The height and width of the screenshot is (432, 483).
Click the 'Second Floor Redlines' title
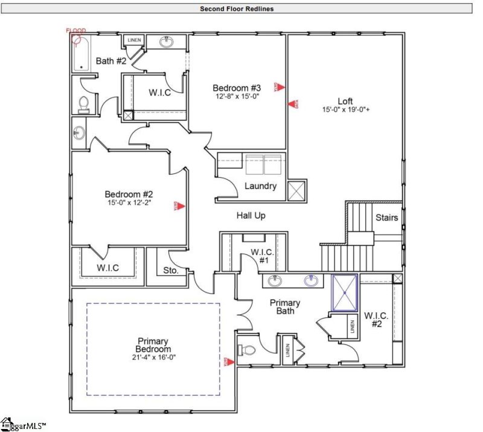pyautogui.click(x=237, y=8)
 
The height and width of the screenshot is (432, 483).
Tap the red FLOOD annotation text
pyautogui.click(x=76, y=31)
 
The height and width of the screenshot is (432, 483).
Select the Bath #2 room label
pyautogui.click(x=111, y=61)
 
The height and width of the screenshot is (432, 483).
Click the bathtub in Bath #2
pyautogui.click(x=80, y=53)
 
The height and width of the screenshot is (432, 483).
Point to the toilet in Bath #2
pyautogui.click(x=83, y=103)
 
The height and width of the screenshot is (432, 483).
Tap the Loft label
pyautogui.click(x=345, y=101)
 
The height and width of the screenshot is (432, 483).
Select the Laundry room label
pyautogui.click(x=260, y=186)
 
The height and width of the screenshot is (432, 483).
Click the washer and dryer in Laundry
pyautogui.click(x=263, y=164)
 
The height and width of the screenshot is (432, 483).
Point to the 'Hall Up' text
pyautogui.click(x=251, y=215)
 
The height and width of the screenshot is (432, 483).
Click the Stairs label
pyautogui.click(x=386, y=218)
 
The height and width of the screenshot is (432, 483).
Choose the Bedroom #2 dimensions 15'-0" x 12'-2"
pyautogui.click(x=129, y=203)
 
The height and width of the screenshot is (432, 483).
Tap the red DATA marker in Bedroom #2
pyautogui.click(x=179, y=205)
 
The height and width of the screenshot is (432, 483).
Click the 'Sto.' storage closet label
pyautogui.click(x=171, y=271)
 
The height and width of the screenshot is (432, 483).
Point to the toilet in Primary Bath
pyautogui.click(x=248, y=349)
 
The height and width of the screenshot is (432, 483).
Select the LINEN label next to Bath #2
pyautogui.click(x=134, y=40)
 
